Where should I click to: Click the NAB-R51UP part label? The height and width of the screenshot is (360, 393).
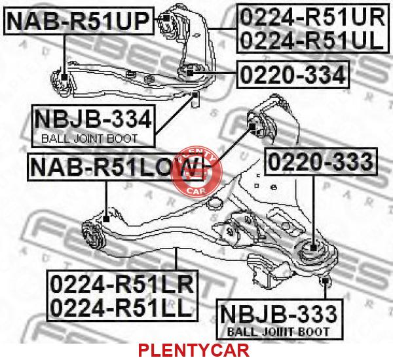tap(79, 21)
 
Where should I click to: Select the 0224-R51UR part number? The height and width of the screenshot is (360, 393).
tap(310, 16)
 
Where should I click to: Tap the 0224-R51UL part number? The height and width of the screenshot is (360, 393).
tap(310, 40)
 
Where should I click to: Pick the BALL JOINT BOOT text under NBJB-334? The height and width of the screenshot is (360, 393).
tap(90, 138)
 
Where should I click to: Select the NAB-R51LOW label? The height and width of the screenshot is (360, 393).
tap(108, 168)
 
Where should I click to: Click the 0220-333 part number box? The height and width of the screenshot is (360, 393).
tap(321, 161)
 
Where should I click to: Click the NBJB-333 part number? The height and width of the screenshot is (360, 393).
tap(280, 314)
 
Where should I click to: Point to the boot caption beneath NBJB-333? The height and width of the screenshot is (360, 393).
tap(280, 332)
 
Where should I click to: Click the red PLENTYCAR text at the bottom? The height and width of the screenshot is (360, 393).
tap(193, 350)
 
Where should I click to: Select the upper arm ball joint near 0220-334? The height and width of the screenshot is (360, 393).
tap(191, 71)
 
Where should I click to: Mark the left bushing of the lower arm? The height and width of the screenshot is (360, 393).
tap(90, 230)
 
